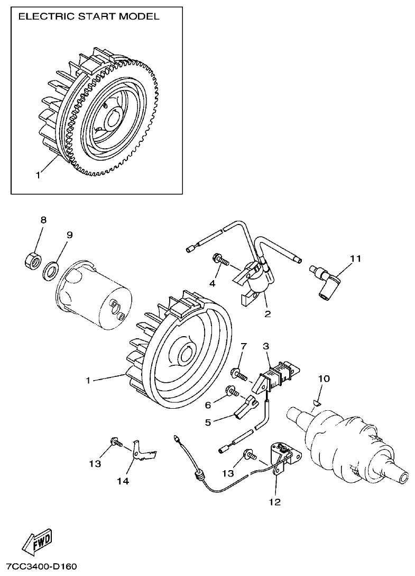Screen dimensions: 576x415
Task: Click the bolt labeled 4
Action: click(x=220, y=260)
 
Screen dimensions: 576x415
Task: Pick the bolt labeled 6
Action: click(x=233, y=393)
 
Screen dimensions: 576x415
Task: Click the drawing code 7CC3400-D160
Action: click(x=39, y=567)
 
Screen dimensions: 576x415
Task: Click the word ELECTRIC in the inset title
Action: click(x=44, y=16)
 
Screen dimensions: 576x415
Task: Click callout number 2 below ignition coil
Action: click(x=268, y=314)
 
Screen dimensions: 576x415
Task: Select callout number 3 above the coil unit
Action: click(x=266, y=346)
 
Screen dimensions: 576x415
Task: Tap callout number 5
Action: click(x=208, y=422)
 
